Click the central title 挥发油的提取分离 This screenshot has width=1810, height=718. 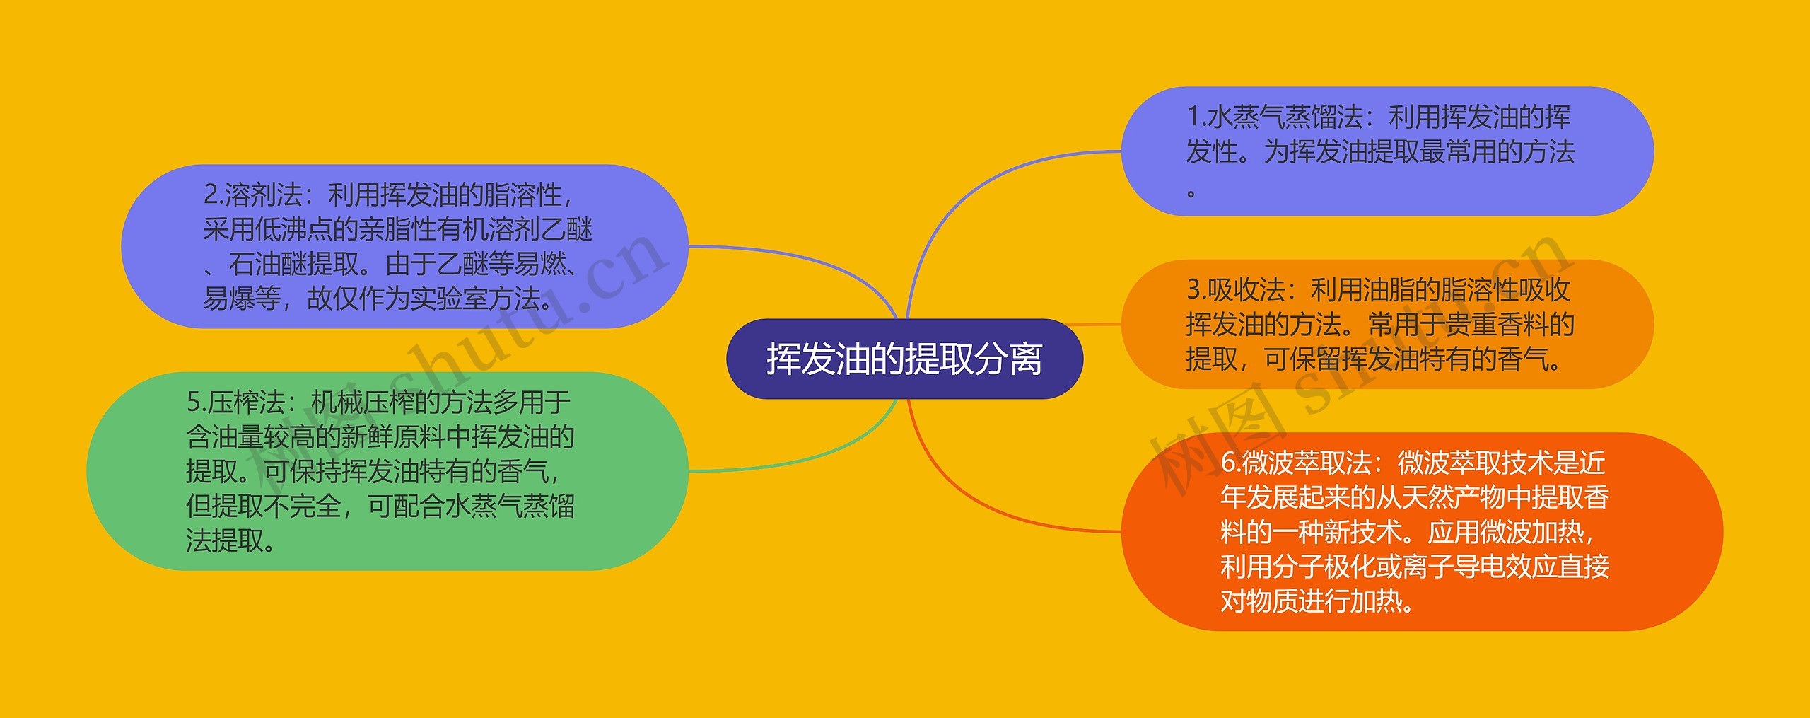click(x=904, y=359)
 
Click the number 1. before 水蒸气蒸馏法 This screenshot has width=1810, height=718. click(x=1196, y=117)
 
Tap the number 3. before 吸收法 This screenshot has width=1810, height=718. click(x=1196, y=290)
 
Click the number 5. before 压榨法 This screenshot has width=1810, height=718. click(x=196, y=403)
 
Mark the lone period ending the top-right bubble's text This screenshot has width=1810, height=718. click(x=1191, y=191)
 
